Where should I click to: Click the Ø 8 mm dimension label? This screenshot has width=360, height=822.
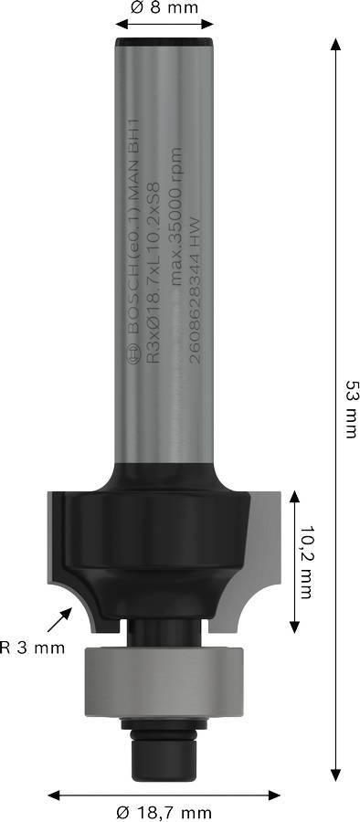tap(164, 10)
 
